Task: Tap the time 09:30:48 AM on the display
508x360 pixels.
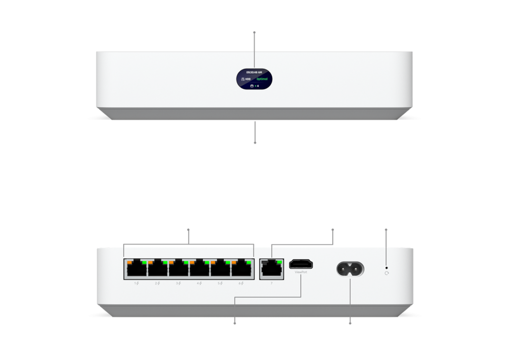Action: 254,72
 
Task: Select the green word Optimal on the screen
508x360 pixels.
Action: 262,79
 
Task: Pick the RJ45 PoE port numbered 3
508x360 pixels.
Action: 177,269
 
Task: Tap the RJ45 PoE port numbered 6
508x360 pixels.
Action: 239,269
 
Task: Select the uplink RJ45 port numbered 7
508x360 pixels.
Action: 271,269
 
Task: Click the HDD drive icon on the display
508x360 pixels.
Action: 242,79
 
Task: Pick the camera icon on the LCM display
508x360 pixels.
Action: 252,86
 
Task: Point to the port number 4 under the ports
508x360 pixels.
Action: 198,283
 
